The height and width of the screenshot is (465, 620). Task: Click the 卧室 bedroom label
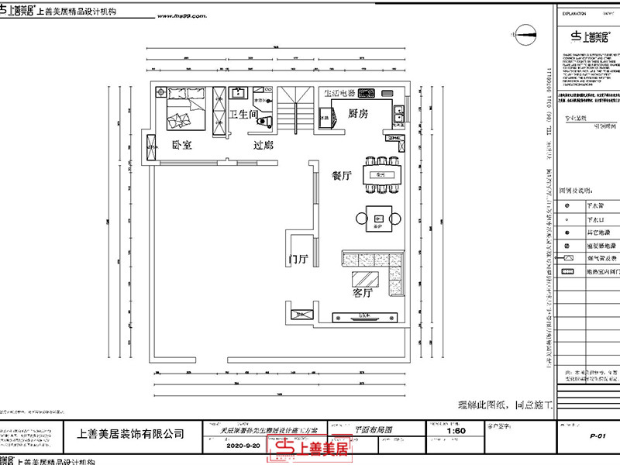coord(183,145)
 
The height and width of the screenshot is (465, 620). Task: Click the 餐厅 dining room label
coord(342,176)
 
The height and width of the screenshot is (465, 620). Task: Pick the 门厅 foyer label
coord(298,259)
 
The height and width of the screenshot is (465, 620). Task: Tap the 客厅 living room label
coord(342,294)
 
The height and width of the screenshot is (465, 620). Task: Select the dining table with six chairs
coord(381,176)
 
